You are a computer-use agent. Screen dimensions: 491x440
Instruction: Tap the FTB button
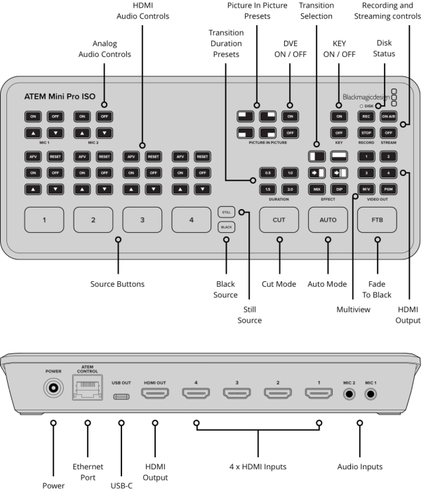click(x=377, y=220)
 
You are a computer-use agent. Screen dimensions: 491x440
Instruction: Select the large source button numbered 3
click(x=142, y=220)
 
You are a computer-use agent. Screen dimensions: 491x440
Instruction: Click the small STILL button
click(x=226, y=211)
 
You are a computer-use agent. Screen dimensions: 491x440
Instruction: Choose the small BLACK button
click(x=226, y=227)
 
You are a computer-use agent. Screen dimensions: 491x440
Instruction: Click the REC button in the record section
click(x=366, y=116)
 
